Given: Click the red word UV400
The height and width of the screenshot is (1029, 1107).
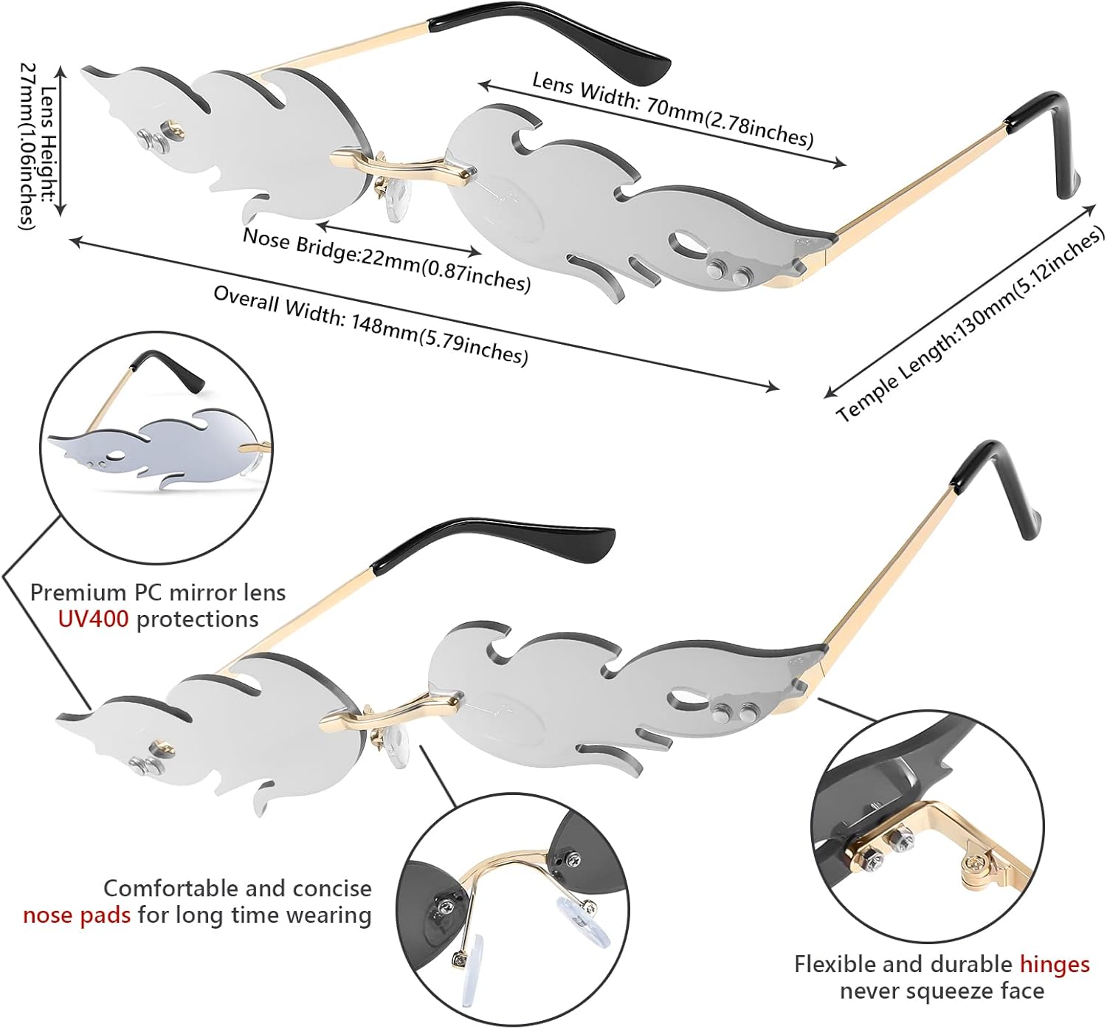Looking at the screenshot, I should tap(93, 619).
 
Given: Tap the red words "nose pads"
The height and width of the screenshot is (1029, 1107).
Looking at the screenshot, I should tap(77, 915).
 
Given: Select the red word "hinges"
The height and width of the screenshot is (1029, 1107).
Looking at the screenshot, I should tap(1055, 964).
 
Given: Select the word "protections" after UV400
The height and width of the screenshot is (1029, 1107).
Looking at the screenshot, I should tap(198, 619).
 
